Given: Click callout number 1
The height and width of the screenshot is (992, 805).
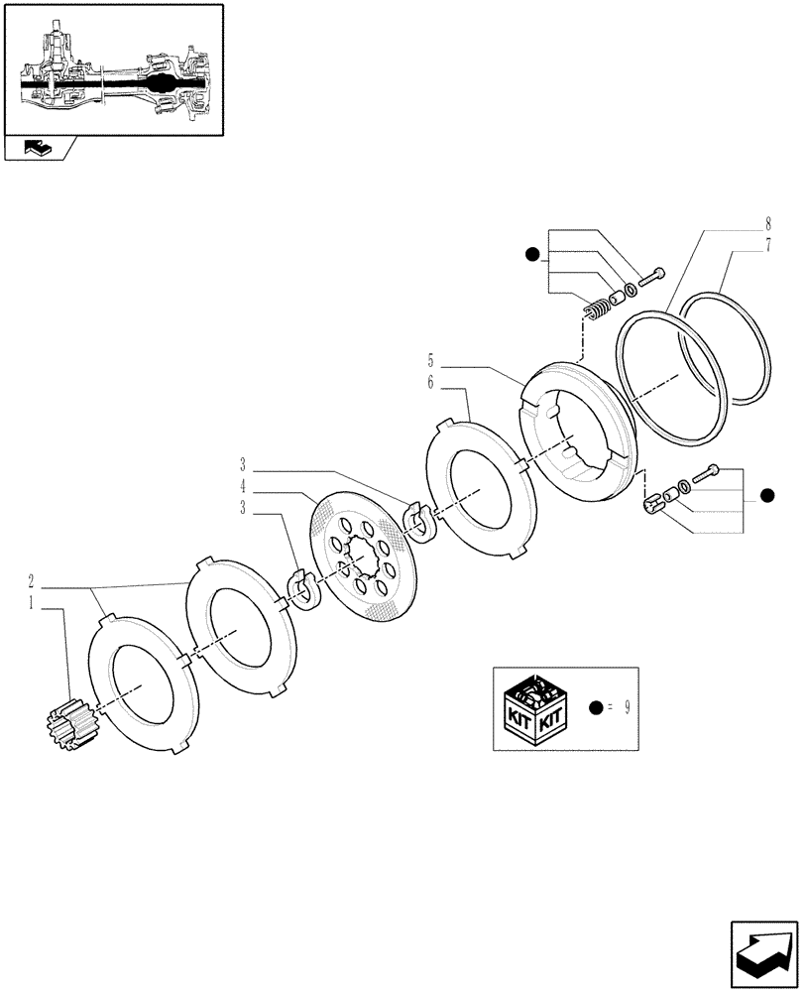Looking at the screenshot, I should (x=32, y=602).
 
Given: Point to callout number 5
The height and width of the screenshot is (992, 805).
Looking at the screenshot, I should (x=430, y=361).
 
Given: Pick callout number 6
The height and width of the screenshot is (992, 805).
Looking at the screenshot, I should (x=430, y=381).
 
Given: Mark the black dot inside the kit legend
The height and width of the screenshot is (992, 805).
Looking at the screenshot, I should (x=595, y=708).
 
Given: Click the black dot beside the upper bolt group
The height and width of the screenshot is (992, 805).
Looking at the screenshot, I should (x=533, y=256).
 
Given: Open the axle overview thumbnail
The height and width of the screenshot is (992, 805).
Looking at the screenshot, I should (x=112, y=69).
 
